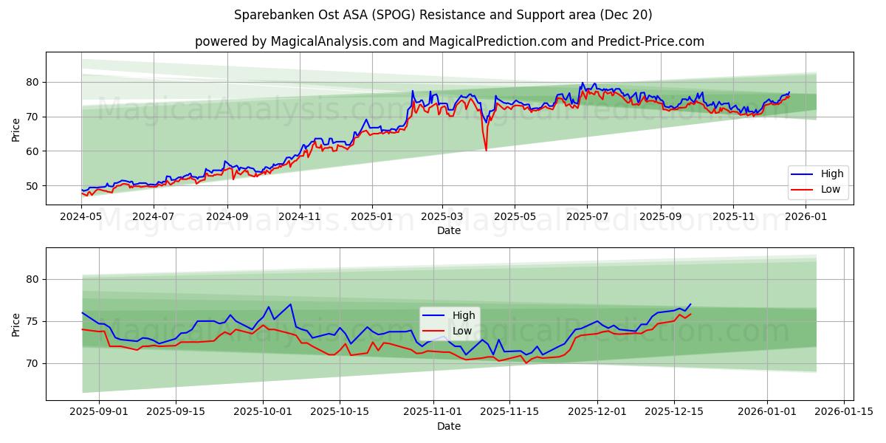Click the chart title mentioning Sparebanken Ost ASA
(x=443, y=15)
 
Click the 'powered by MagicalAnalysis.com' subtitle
(x=449, y=41)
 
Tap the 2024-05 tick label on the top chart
(x=81, y=217)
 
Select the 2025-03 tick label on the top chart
(x=442, y=217)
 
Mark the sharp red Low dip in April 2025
(x=486, y=150)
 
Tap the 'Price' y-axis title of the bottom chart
(x=16, y=324)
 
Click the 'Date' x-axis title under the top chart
(x=449, y=230)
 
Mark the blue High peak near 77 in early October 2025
(x=291, y=304)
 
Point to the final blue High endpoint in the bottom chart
(x=690, y=304)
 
